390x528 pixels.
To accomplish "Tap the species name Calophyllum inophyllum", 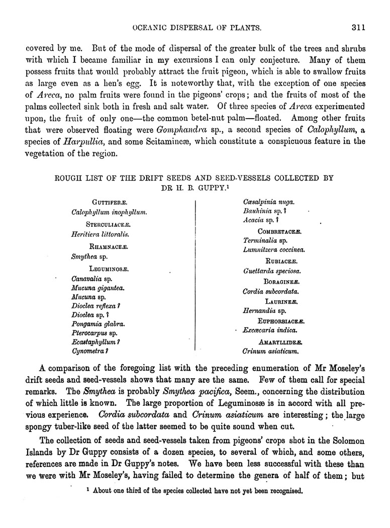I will click(109, 213).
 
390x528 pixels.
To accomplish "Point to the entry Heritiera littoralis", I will click(101, 234).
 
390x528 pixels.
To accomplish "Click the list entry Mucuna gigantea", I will click(98, 288).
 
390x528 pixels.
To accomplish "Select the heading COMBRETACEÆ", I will click(279, 231).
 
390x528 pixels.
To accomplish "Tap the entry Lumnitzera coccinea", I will click(274, 249).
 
